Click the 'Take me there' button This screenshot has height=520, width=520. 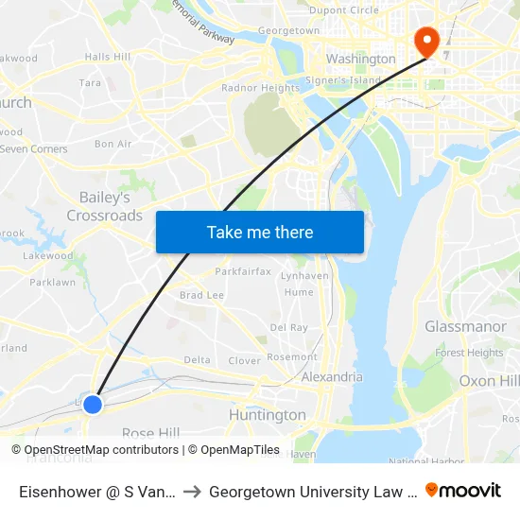260,232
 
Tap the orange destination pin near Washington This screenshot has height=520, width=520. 425,41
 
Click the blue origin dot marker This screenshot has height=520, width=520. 92,405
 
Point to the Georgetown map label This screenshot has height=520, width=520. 288,30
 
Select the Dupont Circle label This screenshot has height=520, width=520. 344,10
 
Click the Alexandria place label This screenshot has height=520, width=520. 332,376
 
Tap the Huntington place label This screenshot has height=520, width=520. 268,415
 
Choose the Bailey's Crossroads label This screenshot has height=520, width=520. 104,206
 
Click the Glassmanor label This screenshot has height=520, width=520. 465,326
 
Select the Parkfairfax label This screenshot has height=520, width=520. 243,271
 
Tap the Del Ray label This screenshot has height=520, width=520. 288,327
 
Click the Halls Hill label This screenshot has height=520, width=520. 107,57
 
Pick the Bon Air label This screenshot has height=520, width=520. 113,144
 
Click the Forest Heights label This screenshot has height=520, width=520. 469,353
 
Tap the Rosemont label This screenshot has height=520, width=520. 292,357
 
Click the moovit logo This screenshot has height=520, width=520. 463,490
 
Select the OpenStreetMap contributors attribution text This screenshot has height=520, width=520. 94,450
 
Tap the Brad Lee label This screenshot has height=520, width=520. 201,295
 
